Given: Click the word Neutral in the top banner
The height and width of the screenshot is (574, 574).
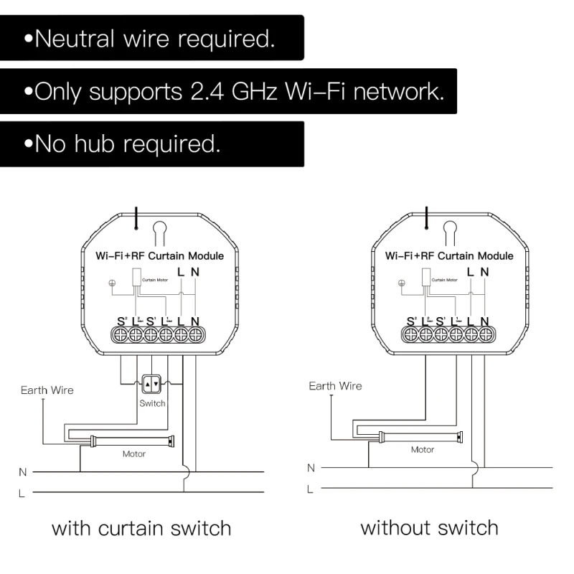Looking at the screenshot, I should pyautogui.click(x=74, y=39).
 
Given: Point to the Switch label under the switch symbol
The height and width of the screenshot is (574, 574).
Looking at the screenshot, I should pyautogui.click(x=152, y=403).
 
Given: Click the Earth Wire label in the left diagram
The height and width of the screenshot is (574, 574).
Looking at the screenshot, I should pyautogui.click(x=47, y=390).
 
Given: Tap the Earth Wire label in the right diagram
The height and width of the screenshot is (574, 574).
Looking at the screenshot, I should pyautogui.click(x=335, y=386).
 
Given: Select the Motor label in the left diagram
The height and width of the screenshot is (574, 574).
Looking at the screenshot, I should pyautogui.click(x=134, y=453).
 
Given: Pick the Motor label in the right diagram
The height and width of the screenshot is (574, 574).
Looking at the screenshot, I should pyautogui.click(x=422, y=450).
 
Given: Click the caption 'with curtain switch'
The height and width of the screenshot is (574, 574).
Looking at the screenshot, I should pyautogui.click(x=141, y=530).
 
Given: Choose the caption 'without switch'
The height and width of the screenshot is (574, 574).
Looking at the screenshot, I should pyautogui.click(x=429, y=529).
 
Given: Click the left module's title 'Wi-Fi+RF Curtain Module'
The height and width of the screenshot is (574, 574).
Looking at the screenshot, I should pyautogui.click(x=159, y=255).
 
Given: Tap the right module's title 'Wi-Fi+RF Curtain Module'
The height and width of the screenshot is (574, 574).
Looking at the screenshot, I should pyautogui.click(x=448, y=255).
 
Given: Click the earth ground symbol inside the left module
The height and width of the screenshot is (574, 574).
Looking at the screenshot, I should pyautogui.click(x=111, y=282).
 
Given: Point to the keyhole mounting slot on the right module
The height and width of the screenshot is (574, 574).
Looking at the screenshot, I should pyautogui.click(x=450, y=231).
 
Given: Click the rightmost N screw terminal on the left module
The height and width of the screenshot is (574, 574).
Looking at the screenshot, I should pyautogui.click(x=195, y=334).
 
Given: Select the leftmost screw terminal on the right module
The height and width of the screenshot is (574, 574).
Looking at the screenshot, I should pyautogui.click(x=411, y=334).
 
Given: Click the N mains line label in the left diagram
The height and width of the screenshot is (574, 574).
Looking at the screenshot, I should pyautogui.click(x=22, y=472).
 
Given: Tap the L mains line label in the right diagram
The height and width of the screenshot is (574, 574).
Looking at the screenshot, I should pyautogui.click(x=310, y=489).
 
